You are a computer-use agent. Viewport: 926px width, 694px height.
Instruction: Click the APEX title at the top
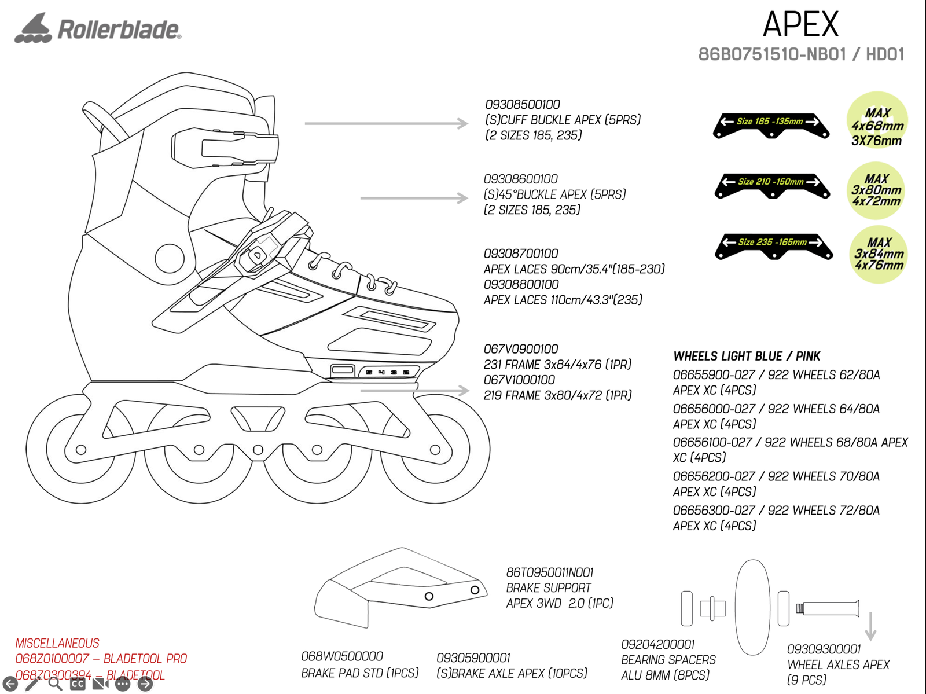(x=800, y=24)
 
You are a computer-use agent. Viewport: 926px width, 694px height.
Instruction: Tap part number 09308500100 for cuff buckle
(x=523, y=105)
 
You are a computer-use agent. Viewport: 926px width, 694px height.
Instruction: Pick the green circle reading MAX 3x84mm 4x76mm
(x=879, y=255)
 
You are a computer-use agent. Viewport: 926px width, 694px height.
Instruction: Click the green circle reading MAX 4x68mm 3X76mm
(x=877, y=120)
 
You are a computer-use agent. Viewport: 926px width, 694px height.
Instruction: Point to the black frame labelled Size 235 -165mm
(x=774, y=245)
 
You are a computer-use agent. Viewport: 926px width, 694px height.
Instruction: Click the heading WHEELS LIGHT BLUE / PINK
(x=747, y=357)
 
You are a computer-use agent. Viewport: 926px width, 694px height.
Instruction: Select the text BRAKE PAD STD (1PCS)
(x=360, y=674)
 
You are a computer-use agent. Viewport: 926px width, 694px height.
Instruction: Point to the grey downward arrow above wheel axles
(x=870, y=626)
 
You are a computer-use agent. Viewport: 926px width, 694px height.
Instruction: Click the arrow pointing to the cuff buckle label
(x=386, y=123)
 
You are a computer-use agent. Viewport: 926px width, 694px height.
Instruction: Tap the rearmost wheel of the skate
(x=81, y=449)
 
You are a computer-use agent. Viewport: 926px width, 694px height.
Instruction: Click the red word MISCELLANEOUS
(x=57, y=644)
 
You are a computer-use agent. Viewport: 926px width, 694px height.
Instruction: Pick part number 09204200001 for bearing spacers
(x=658, y=645)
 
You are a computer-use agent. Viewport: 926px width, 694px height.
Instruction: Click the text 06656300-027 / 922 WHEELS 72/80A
(x=776, y=511)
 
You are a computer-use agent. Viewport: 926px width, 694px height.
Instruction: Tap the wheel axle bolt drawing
(x=828, y=608)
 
